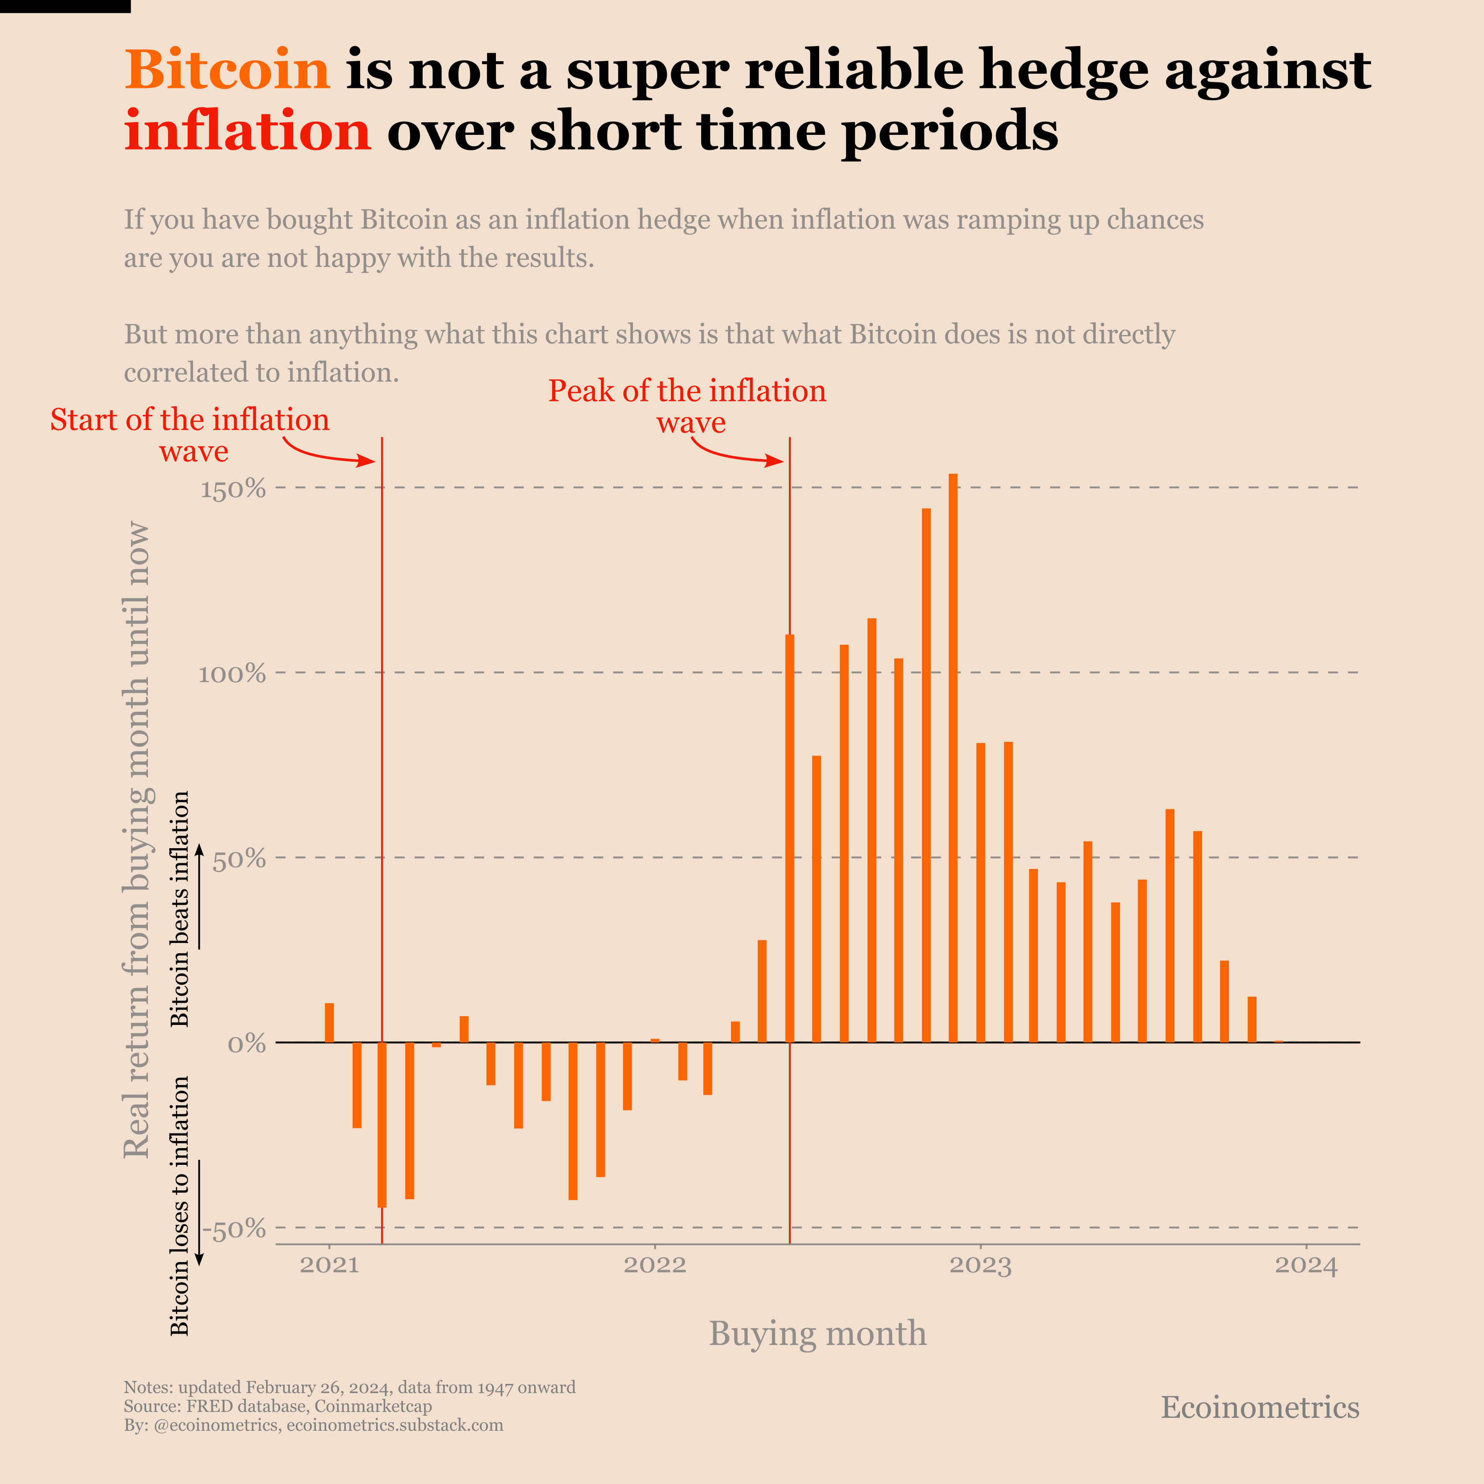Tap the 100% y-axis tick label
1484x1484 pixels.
(232, 674)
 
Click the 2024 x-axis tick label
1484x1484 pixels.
(1306, 1265)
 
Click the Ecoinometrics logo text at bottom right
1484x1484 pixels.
(1260, 1407)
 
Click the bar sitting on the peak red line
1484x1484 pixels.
(790, 837)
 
